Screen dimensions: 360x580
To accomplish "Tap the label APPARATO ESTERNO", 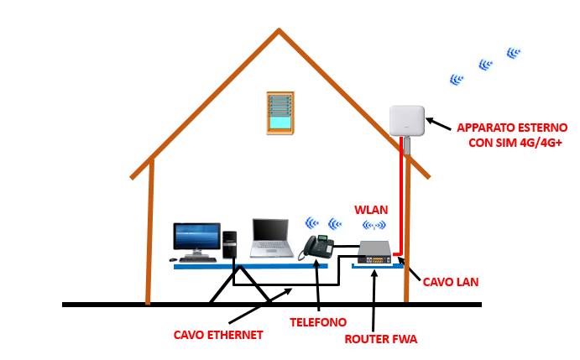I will point(511,128).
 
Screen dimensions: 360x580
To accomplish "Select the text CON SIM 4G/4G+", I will point(515,143).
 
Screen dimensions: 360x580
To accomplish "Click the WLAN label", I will point(370,209).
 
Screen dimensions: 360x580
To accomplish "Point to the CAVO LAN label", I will point(450,282).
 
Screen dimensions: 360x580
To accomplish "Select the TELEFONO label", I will point(317,321).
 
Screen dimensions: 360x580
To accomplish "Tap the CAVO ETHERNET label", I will point(218,335).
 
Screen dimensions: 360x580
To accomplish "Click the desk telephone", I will point(318,247).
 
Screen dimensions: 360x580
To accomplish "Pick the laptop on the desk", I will point(270,237).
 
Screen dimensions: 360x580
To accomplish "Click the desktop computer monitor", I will point(196,237).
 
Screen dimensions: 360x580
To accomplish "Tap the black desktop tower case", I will point(230,244).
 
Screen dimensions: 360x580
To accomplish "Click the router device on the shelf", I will point(374,251).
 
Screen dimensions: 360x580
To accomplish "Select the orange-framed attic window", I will point(280,112).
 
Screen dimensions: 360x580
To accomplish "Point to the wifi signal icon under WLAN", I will point(374,225).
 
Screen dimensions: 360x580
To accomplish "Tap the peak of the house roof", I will point(279,32).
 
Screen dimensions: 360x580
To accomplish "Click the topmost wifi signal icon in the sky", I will point(513,54).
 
